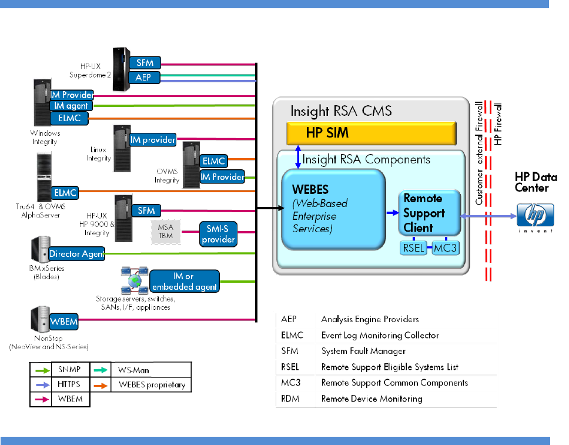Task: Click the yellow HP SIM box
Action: point(371,133)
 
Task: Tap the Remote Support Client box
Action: point(428,213)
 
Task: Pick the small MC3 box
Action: point(445,248)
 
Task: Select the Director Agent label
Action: point(77,254)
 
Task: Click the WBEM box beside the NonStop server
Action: point(63,322)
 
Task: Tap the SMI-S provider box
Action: point(217,233)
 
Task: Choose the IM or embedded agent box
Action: point(184,282)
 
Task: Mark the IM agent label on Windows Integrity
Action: point(69,106)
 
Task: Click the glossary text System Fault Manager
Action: point(363,351)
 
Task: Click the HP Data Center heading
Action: point(531,182)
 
